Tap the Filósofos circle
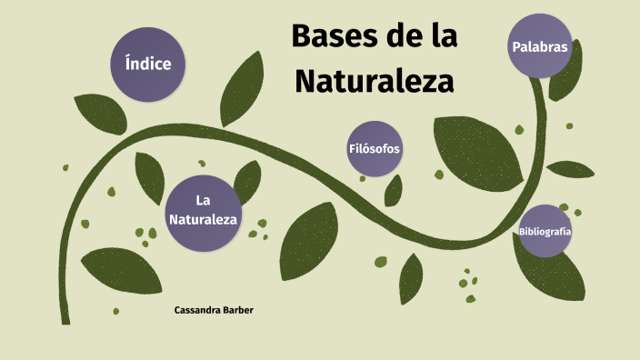(x=375, y=148)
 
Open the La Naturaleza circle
(x=204, y=210)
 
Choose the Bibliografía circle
(x=545, y=232)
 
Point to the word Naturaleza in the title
(x=374, y=82)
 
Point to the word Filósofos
(x=375, y=148)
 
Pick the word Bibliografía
(x=545, y=232)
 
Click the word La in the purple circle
(x=204, y=200)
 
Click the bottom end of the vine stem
(x=65, y=318)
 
